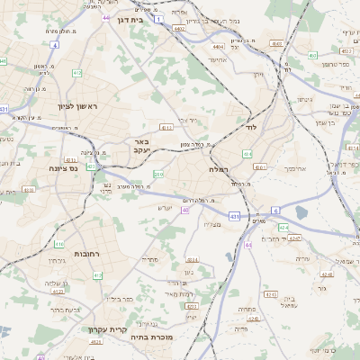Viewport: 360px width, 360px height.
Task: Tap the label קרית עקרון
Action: [x=107, y=329]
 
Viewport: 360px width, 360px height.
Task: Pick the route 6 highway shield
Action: [x=276, y=210]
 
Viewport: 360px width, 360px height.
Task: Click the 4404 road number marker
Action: [x=218, y=46]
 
